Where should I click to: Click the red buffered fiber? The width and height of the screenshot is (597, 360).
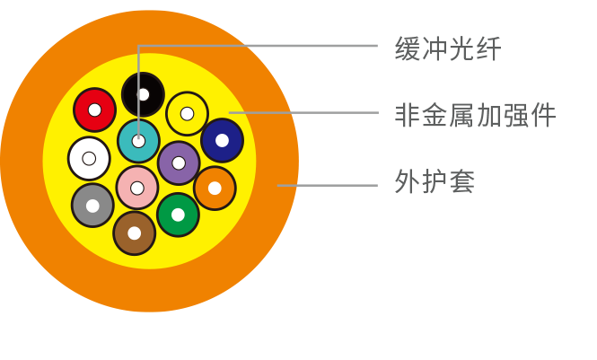point(94,110)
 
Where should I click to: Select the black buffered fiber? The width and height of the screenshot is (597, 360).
point(143,94)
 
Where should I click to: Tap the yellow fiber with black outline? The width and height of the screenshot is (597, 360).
point(187,113)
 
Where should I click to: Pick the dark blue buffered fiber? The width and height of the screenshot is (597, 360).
point(222,140)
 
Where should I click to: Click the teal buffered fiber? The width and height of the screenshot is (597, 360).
point(138,141)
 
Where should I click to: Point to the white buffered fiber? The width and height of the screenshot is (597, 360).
point(89,159)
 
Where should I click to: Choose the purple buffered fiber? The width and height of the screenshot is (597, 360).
point(179,162)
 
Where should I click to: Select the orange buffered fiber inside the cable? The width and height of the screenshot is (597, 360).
point(215,188)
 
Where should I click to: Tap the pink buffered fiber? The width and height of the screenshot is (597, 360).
point(137,188)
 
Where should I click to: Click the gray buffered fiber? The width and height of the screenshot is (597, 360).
point(92,205)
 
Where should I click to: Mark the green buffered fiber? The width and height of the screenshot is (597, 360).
point(178,215)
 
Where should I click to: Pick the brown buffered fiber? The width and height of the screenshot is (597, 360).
point(134,233)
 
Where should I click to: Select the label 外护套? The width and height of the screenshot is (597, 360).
point(435,182)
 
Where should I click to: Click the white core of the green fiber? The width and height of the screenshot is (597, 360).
point(178,215)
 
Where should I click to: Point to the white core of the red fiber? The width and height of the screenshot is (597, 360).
point(94,110)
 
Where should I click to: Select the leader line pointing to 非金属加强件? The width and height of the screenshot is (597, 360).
point(305,112)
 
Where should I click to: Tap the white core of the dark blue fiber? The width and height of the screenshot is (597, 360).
point(222,140)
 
